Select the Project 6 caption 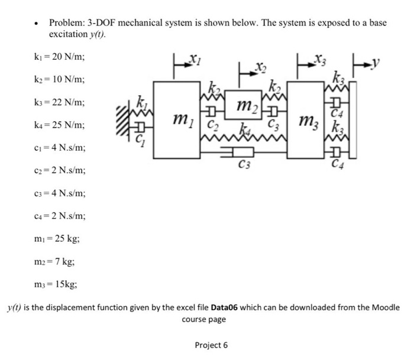211,345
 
